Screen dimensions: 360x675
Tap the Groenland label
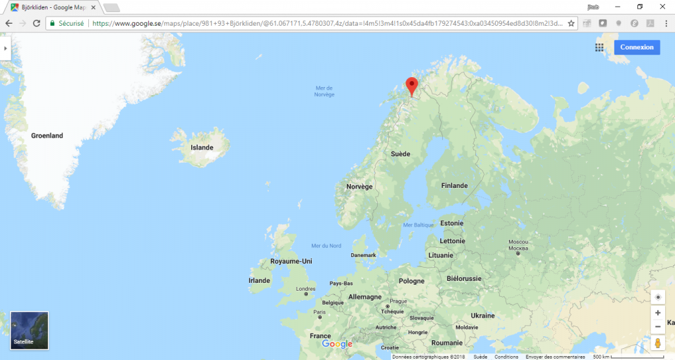[47, 136]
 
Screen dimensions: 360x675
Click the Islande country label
[202, 148]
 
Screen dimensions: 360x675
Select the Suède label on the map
[400, 154]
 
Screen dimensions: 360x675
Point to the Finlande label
[454, 186]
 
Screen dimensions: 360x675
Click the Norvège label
[359, 187]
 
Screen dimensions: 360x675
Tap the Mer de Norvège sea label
[324, 91]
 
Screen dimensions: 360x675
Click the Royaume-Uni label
[291, 262]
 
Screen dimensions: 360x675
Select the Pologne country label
[411, 281]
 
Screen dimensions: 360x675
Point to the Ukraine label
[483, 316]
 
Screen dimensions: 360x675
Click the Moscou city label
[519, 242]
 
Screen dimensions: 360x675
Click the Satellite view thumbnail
[30, 330]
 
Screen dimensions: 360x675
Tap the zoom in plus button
[657, 313]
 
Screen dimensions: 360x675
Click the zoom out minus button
[657, 327]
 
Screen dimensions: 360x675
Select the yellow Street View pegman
[657, 344]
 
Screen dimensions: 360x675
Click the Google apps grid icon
[599, 47]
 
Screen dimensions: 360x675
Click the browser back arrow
[9, 23]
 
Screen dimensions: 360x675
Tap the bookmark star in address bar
[571, 23]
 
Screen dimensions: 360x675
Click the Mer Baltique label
[418, 225]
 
